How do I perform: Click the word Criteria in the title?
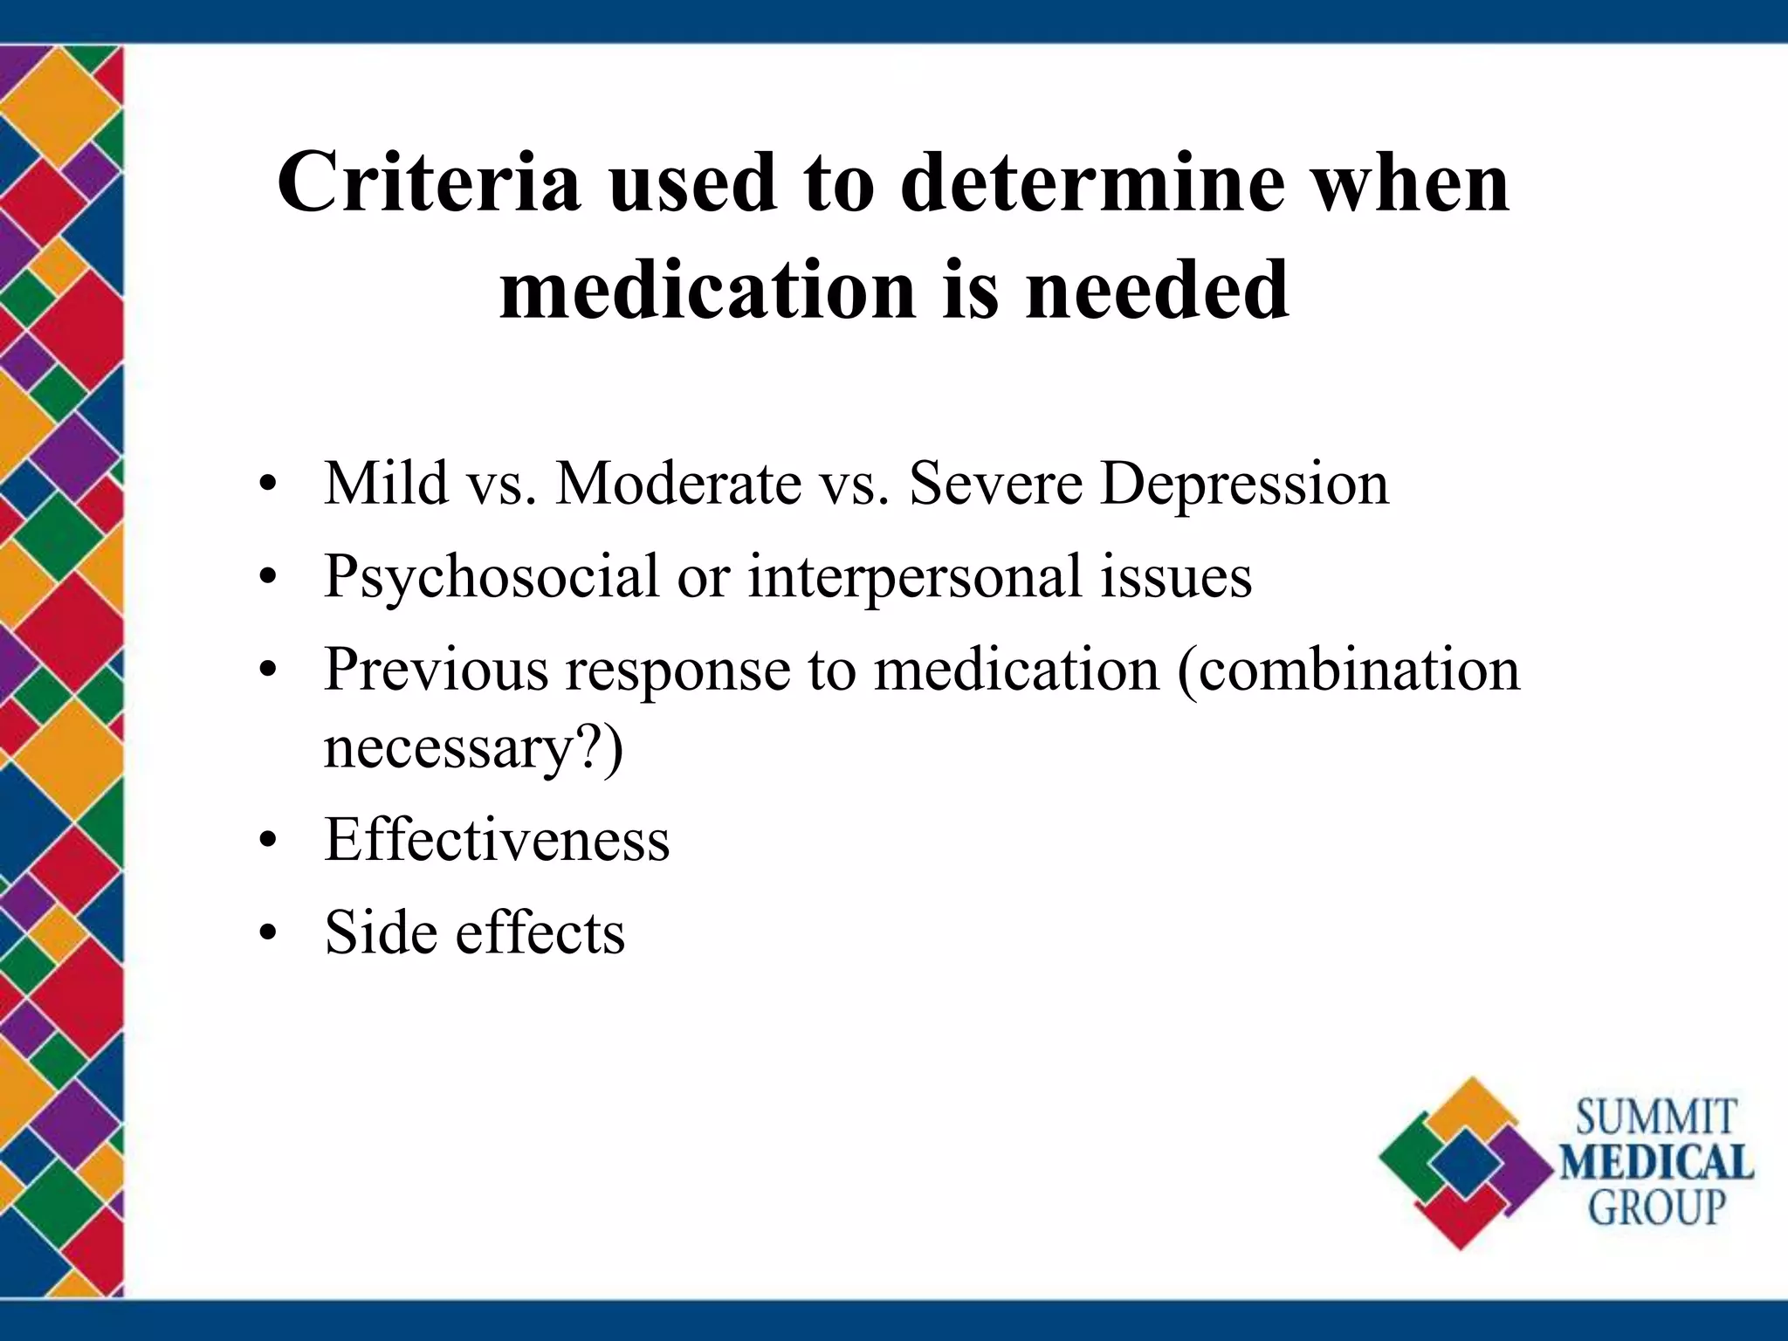[x=428, y=182]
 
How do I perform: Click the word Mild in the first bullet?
[x=386, y=482]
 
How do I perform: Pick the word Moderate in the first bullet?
[x=678, y=482]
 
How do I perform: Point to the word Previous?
[x=436, y=670]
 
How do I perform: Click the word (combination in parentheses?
[x=1349, y=670]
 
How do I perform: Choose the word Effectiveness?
[x=497, y=839]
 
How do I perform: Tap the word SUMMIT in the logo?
[x=1655, y=1118]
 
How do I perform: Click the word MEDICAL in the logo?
[x=1656, y=1163]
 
